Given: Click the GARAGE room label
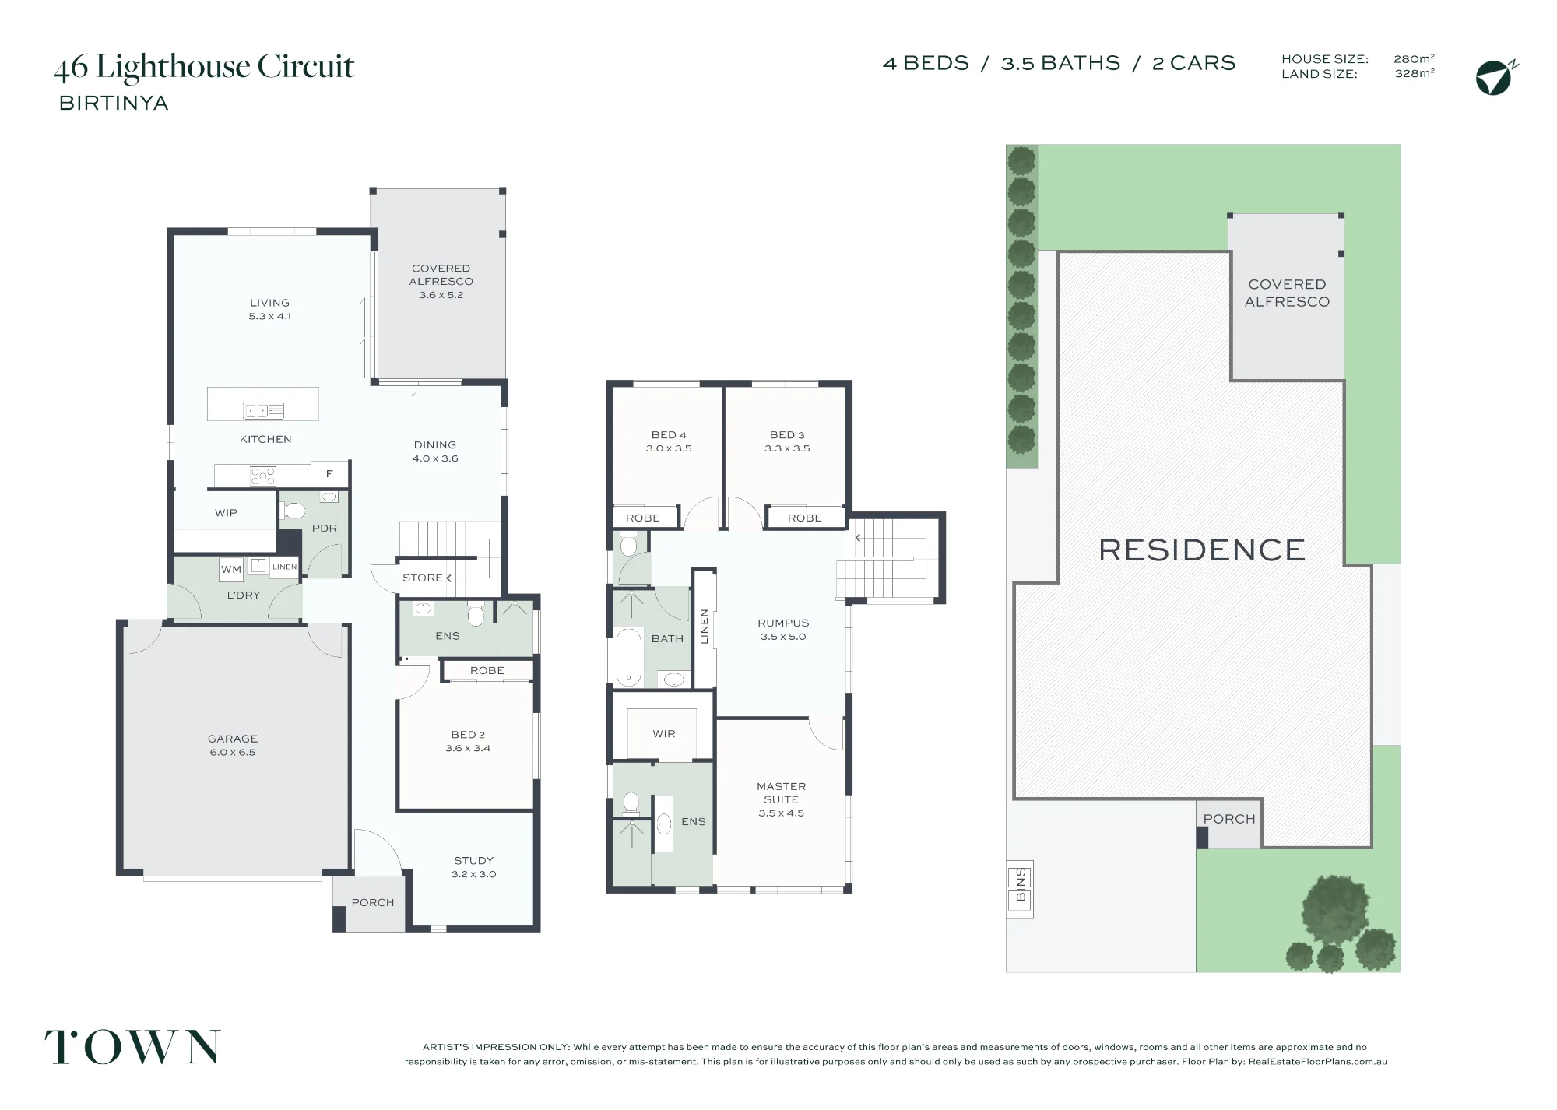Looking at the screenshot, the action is point(232,739).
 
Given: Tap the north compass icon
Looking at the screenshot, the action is point(1495,77).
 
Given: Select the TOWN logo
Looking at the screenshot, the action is point(132,1047).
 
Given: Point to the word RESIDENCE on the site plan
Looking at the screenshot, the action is point(1201,550).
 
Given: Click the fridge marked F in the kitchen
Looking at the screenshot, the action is point(329,473).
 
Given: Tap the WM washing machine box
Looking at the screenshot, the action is point(231,569).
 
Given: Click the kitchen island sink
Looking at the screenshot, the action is point(263,410).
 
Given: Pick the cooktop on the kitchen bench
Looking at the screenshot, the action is point(262,476).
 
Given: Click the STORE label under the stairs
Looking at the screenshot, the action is point(422,578).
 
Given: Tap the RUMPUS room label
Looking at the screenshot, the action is point(783,623).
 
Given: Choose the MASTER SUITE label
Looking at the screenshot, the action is point(781,792).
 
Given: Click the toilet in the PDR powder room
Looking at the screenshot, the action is point(294,511).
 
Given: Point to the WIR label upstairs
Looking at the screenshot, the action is point(664,734).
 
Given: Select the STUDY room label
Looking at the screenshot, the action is point(473,860).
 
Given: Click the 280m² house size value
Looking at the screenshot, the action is point(1414,58).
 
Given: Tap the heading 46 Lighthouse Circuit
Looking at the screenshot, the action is point(204,68).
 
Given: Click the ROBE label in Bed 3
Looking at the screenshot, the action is point(804,518).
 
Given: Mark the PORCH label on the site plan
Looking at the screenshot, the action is point(1229,819).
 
